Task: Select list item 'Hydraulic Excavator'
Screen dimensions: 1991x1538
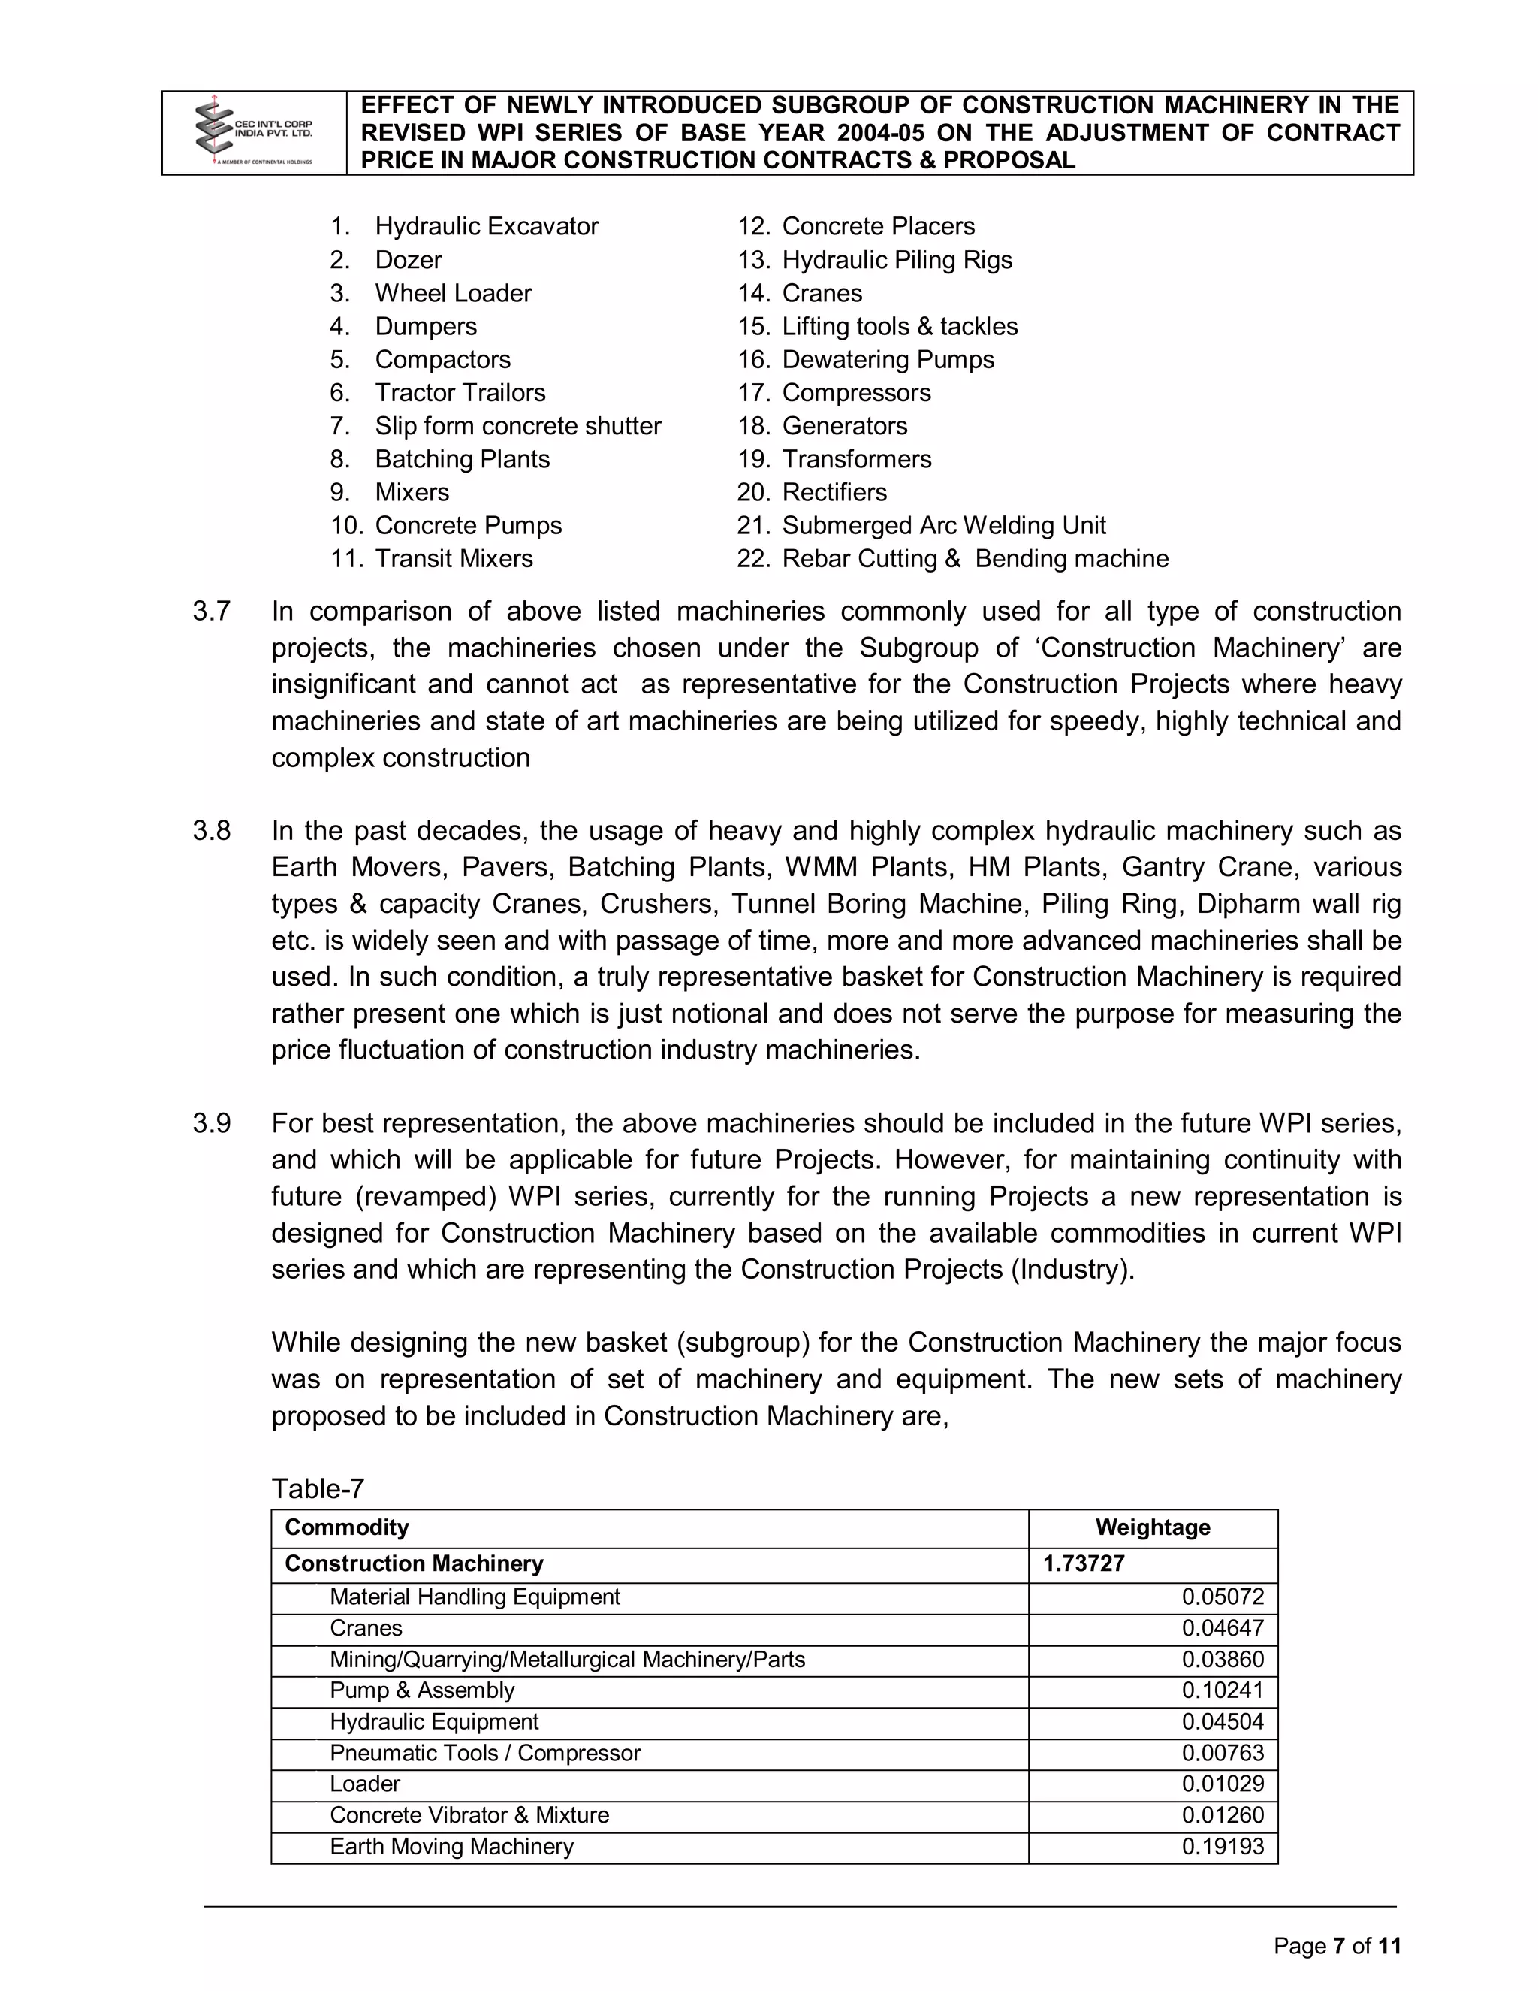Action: click(486, 226)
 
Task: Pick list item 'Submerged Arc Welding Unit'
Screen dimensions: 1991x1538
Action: click(943, 526)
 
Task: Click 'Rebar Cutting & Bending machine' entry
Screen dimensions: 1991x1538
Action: click(974, 559)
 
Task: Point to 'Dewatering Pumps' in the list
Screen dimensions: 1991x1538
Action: click(888, 360)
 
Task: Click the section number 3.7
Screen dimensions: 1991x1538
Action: click(211, 612)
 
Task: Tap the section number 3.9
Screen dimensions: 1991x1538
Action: click(211, 1124)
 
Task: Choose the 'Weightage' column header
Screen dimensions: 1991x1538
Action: click(1152, 1528)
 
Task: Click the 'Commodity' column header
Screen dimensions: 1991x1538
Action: click(346, 1528)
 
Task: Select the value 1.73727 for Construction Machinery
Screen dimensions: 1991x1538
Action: click(1084, 1564)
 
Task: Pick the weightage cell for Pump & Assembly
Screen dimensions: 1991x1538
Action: click(1222, 1691)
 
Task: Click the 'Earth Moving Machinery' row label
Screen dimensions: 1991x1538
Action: click(451, 1847)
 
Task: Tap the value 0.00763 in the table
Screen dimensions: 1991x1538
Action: click(1222, 1753)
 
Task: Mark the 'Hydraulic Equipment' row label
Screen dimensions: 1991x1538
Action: click(434, 1722)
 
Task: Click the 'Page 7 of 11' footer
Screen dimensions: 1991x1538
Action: click(1337, 1947)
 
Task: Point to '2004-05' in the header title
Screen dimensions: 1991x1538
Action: click(880, 133)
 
